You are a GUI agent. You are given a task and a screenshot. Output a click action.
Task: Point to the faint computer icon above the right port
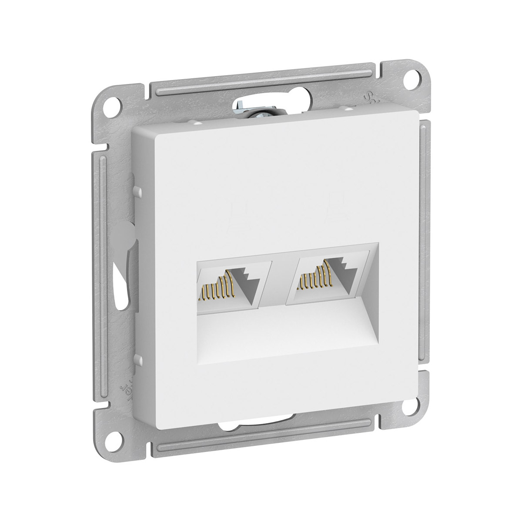tap(336, 204)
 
